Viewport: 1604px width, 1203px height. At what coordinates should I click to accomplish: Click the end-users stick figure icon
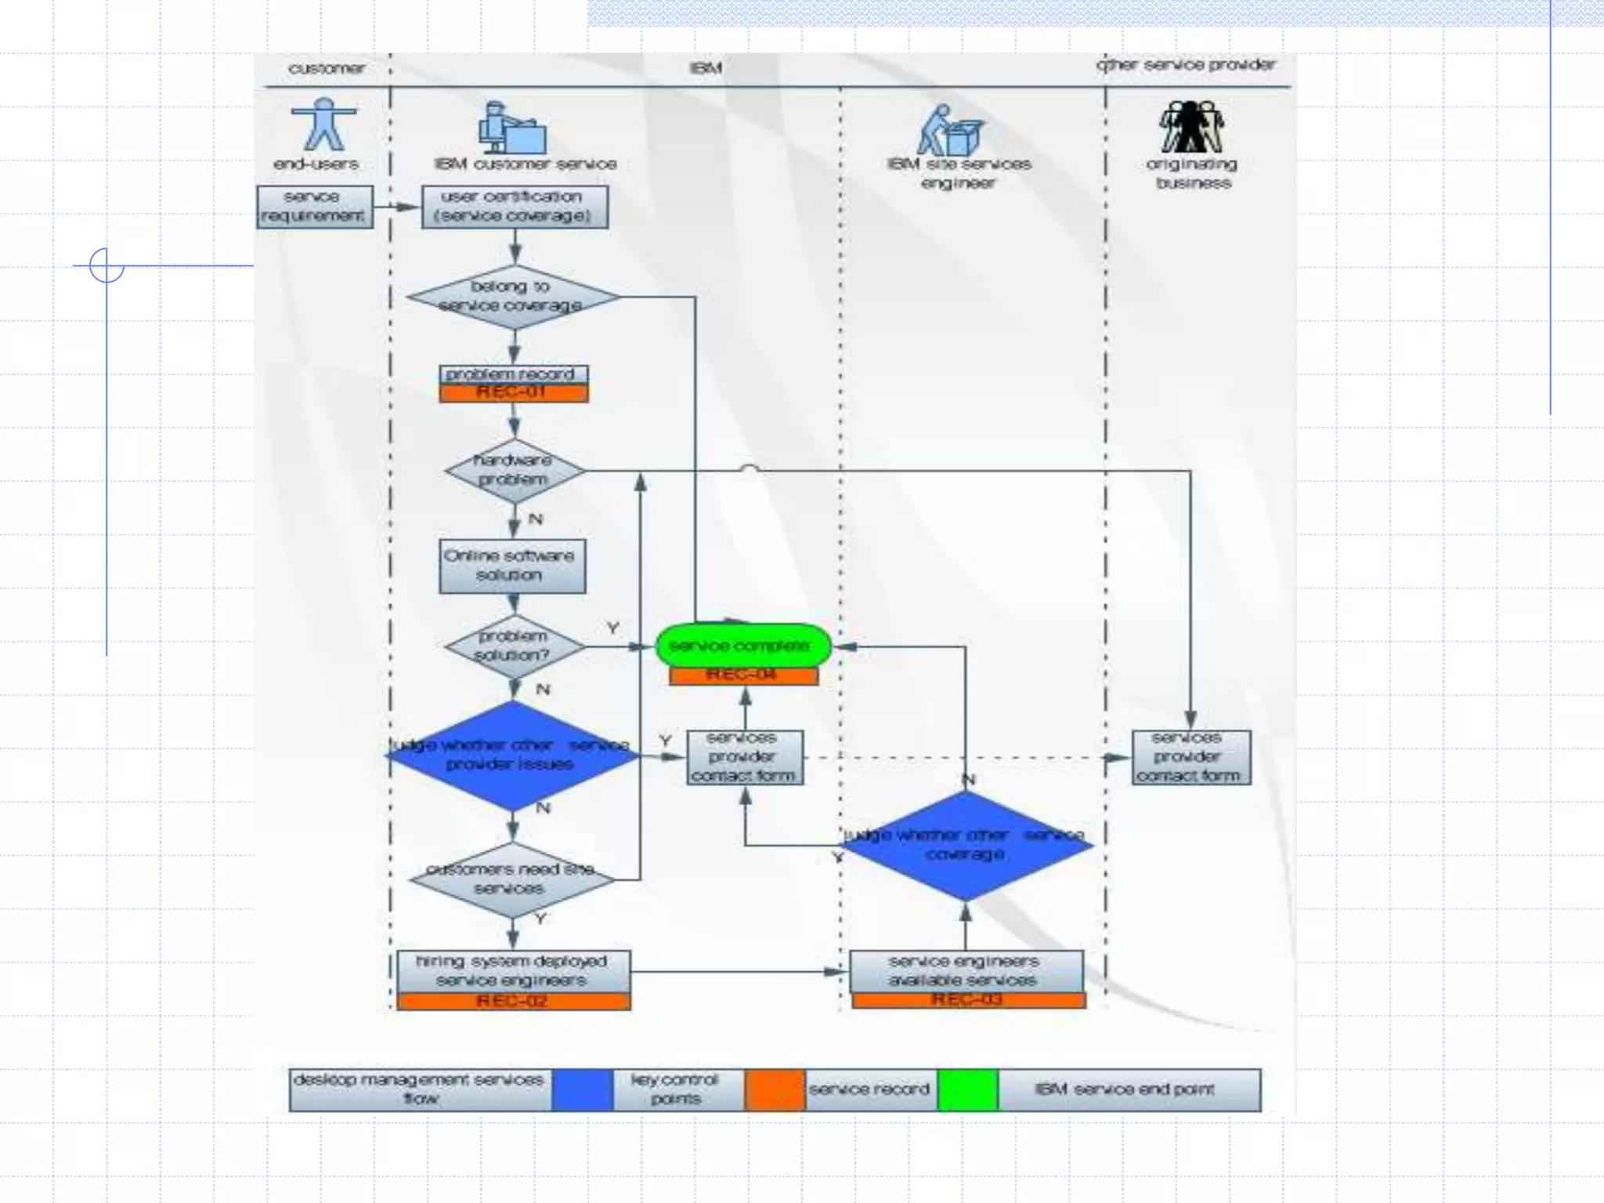click(323, 125)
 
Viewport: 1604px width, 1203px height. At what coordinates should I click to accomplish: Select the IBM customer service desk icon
click(512, 128)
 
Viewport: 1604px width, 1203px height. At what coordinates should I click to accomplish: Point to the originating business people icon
click(1191, 127)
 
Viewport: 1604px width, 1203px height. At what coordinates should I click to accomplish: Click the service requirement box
click(314, 207)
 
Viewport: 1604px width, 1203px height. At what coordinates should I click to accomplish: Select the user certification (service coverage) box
click(515, 207)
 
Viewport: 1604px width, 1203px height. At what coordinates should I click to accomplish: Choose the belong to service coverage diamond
click(513, 297)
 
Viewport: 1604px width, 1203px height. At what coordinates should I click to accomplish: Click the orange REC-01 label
click(513, 392)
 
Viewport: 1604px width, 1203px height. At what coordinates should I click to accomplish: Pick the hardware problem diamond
click(514, 471)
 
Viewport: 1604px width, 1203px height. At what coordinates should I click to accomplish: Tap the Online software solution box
click(511, 565)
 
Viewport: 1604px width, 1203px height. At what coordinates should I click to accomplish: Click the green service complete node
click(742, 646)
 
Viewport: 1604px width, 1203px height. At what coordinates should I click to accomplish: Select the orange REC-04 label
click(743, 675)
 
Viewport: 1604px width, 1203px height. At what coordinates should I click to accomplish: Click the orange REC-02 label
click(513, 1001)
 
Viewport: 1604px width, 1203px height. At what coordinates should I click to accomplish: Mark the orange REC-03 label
click(968, 1000)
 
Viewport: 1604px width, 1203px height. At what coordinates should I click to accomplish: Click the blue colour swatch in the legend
click(582, 1090)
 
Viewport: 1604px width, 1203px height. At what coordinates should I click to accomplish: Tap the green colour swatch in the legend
click(967, 1090)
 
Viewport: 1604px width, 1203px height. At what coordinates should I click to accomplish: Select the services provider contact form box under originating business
click(1190, 757)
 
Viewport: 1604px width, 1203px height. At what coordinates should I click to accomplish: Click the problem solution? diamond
click(514, 646)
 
